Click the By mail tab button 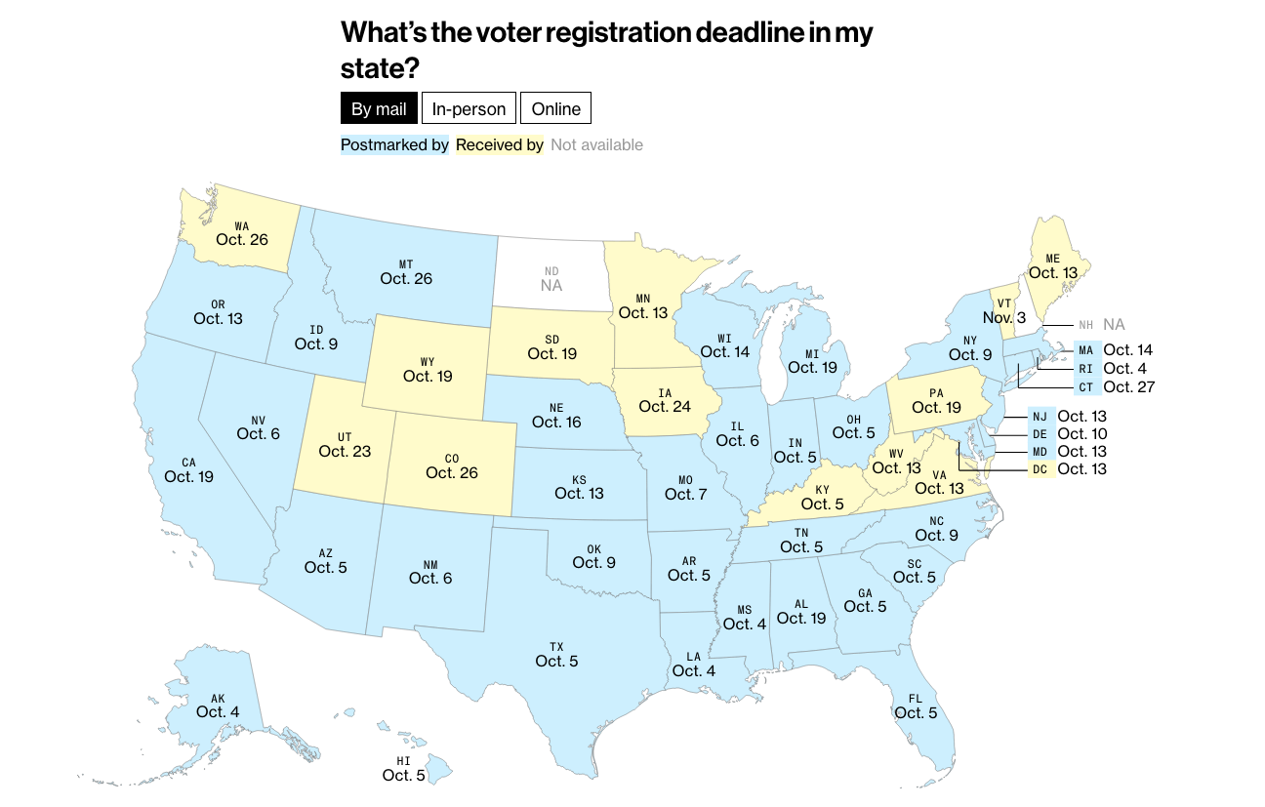coord(379,108)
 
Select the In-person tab coord(469,108)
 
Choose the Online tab coord(555,108)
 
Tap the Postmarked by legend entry coord(394,144)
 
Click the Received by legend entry coord(500,144)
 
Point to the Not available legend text coord(596,144)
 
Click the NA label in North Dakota coord(551,286)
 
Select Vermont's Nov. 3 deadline coord(1004,318)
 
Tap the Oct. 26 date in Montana coord(406,278)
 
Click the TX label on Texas coord(556,646)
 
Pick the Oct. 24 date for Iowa coord(665,406)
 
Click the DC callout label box coord(1041,469)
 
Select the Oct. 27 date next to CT coord(1129,386)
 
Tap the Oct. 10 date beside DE coord(1082,433)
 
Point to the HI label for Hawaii coord(403,760)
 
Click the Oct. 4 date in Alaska coord(218,711)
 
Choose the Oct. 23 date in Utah coord(347,451)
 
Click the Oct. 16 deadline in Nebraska coord(556,422)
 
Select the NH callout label coord(1085,325)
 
